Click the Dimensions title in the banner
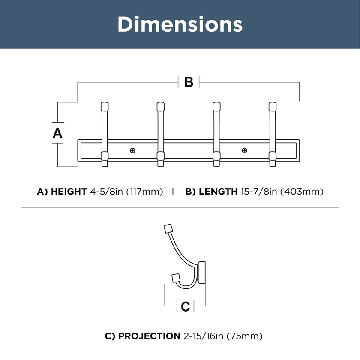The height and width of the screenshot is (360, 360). [180, 24]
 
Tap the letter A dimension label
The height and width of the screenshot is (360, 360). [57, 133]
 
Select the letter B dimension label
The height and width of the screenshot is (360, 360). [189, 82]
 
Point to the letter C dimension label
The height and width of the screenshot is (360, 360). [185, 306]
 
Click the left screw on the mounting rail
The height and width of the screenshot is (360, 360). [132, 150]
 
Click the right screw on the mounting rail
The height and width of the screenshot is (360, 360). [245, 150]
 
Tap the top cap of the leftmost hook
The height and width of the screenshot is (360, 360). [105, 107]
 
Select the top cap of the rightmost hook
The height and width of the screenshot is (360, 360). [273, 107]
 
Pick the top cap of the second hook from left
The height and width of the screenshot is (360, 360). [160, 107]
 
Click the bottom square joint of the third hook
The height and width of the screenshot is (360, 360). [216, 156]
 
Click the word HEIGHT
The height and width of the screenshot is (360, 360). [69, 192]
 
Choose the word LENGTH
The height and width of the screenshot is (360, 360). [218, 192]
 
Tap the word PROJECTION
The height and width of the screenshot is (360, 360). [150, 336]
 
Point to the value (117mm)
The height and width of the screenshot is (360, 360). [145, 192]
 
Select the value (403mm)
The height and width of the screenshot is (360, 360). [302, 192]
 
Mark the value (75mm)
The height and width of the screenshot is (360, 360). [245, 336]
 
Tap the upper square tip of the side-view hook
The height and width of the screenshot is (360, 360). [168, 229]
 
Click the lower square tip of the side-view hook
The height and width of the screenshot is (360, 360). [176, 278]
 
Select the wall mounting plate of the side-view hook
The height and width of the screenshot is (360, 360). [202, 273]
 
